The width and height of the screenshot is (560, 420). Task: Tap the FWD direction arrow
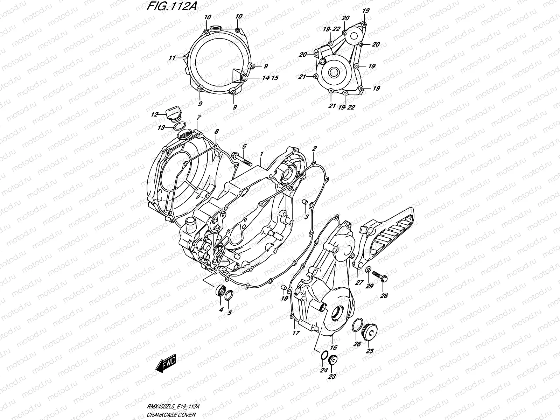[x=166, y=364]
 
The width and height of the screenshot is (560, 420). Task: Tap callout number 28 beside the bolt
[x=384, y=296]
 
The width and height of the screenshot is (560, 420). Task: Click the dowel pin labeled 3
[x=304, y=203]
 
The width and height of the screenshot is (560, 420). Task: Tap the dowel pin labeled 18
[x=284, y=288]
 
